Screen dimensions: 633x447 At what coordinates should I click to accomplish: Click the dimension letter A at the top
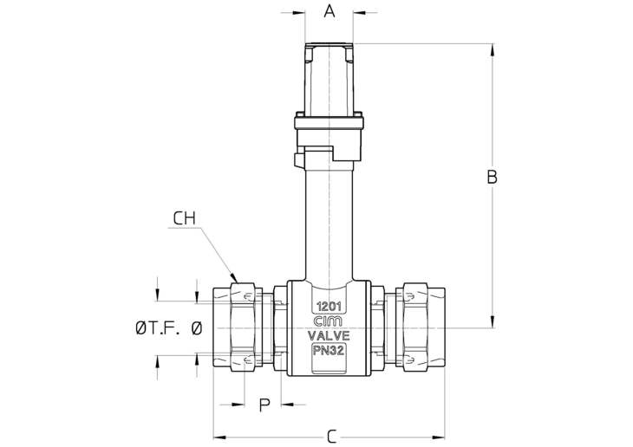click(330, 11)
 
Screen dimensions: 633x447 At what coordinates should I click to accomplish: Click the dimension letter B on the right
click(492, 177)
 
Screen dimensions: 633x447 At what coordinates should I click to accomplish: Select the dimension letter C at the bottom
click(331, 437)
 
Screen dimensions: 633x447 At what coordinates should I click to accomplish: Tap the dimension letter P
click(264, 405)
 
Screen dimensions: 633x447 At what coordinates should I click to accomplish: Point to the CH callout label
click(184, 218)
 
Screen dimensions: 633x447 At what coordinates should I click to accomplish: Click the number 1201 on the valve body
click(329, 307)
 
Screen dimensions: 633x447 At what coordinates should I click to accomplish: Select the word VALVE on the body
click(329, 335)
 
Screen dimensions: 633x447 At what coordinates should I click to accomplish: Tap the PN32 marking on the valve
click(329, 351)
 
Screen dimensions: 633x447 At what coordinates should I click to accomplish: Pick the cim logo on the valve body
click(329, 321)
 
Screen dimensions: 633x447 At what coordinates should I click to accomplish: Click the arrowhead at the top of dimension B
click(493, 50)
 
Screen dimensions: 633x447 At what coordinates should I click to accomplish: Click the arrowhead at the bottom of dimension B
click(493, 321)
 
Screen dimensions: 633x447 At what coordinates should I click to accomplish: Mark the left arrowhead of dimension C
click(219, 437)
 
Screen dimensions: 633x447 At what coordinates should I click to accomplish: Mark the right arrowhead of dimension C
click(439, 437)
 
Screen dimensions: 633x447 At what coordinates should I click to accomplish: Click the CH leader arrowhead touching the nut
click(234, 278)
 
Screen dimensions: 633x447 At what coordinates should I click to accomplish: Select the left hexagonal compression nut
click(243, 327)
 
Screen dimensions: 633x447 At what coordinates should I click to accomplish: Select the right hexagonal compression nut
click(415, 327)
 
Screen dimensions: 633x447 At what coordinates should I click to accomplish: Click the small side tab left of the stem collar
click(298, 159)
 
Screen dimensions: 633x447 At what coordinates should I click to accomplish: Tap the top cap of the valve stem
click(330, 46)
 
